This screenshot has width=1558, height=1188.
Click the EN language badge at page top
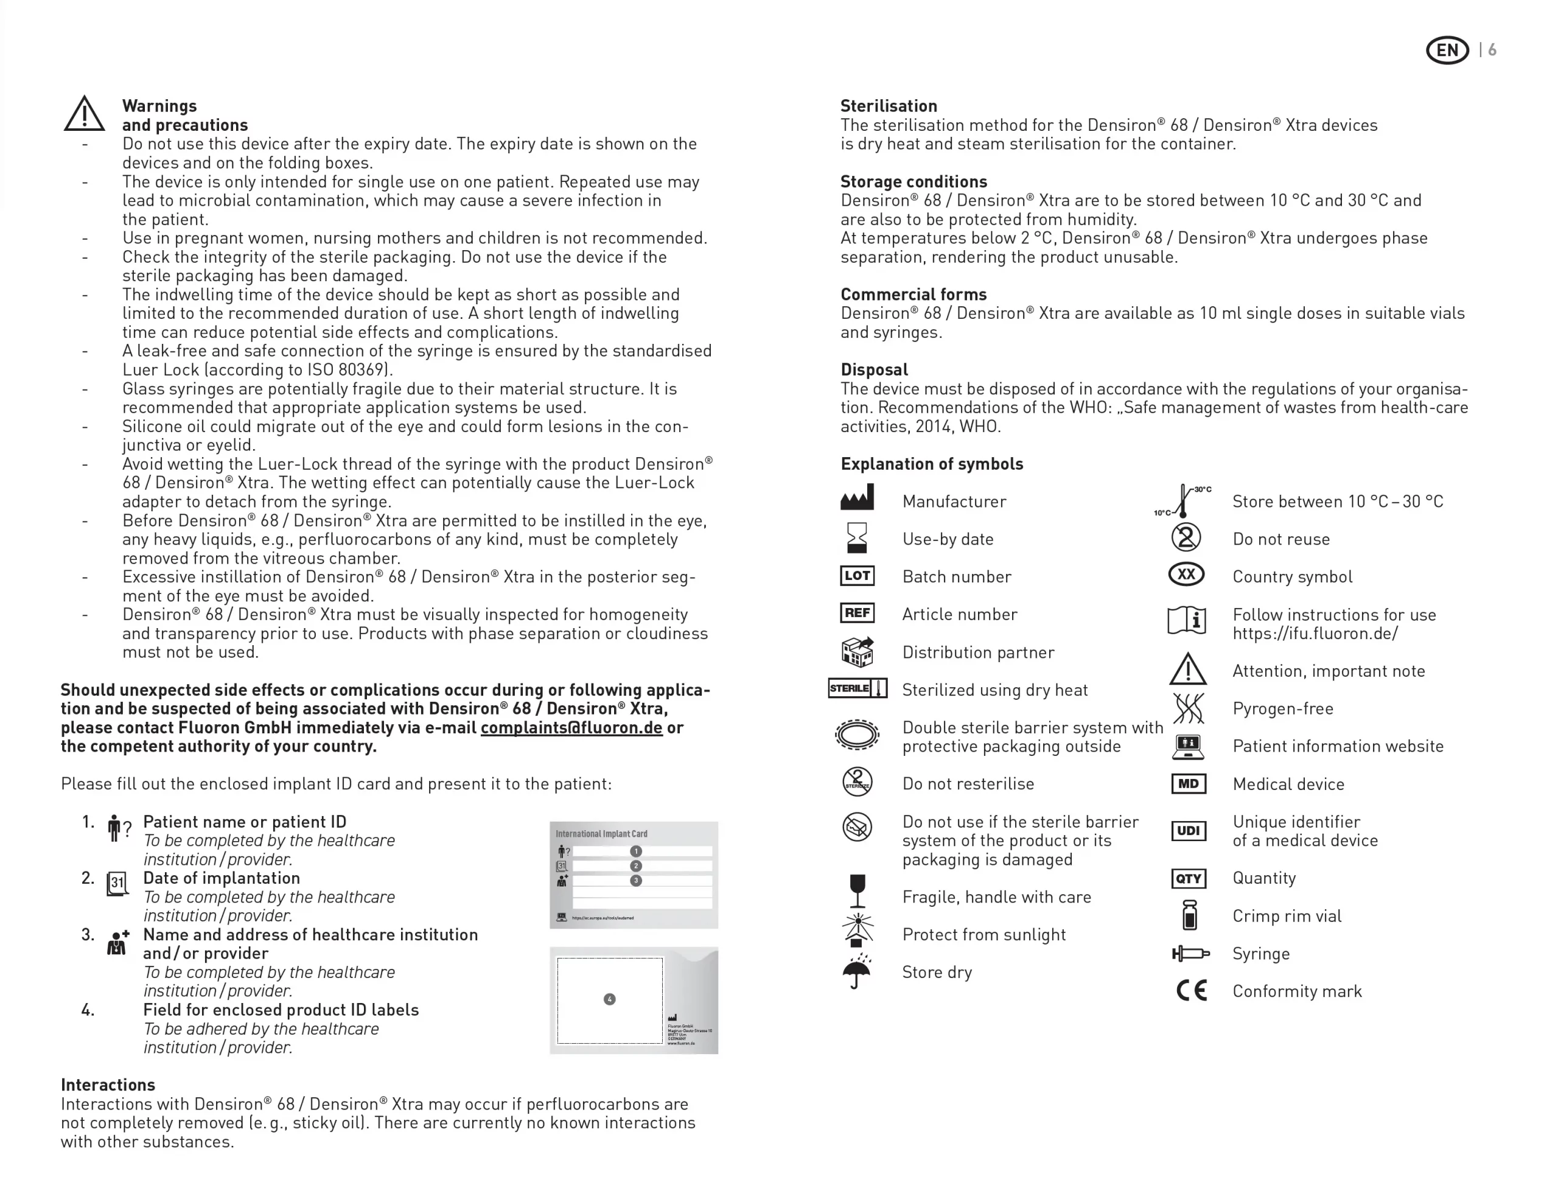click(x=1447, y=50)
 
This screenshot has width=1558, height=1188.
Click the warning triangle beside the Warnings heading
click(x=84, y=114)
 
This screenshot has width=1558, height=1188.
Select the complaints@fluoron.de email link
click(x=571, y=728)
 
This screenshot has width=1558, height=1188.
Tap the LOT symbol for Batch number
click(x=857, y=576)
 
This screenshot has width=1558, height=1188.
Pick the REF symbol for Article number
click(x=857, y=613)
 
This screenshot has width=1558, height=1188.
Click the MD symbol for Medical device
click(x=1188, y=783)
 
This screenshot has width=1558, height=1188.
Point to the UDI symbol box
click(x=1188, y=831)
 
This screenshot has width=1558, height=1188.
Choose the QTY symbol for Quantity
click(x=1188, y=878)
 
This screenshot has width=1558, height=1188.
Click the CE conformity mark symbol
click(x=1191, y=991)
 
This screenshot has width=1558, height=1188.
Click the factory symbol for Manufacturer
click(x=857, y=498)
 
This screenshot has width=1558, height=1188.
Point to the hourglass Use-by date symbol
click(x=857, y=538)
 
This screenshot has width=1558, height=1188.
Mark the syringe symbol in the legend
click(x=1190, y=954)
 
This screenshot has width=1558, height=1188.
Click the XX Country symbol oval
click(x=1186, y=574)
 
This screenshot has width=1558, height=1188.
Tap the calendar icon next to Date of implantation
click(x=117, y=883)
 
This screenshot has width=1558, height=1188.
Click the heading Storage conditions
click(x=913, y=182)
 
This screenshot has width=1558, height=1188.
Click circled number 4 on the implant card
click(x=610, y=999)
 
